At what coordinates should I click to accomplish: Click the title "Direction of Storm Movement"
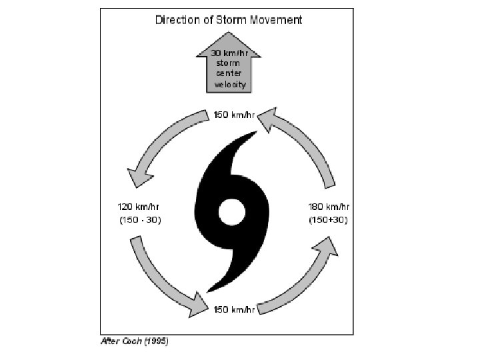click(x=228, y=19)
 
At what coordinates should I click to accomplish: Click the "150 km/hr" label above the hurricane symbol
click(x=233, y=115)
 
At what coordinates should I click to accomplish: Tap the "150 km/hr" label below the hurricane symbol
click(x=233, y=309)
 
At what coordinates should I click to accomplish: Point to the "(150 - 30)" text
click(x=138, y=219)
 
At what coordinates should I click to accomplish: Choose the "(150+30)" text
click(x=328, y=219)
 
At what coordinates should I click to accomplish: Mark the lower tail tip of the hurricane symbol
click(x=210, y=290)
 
